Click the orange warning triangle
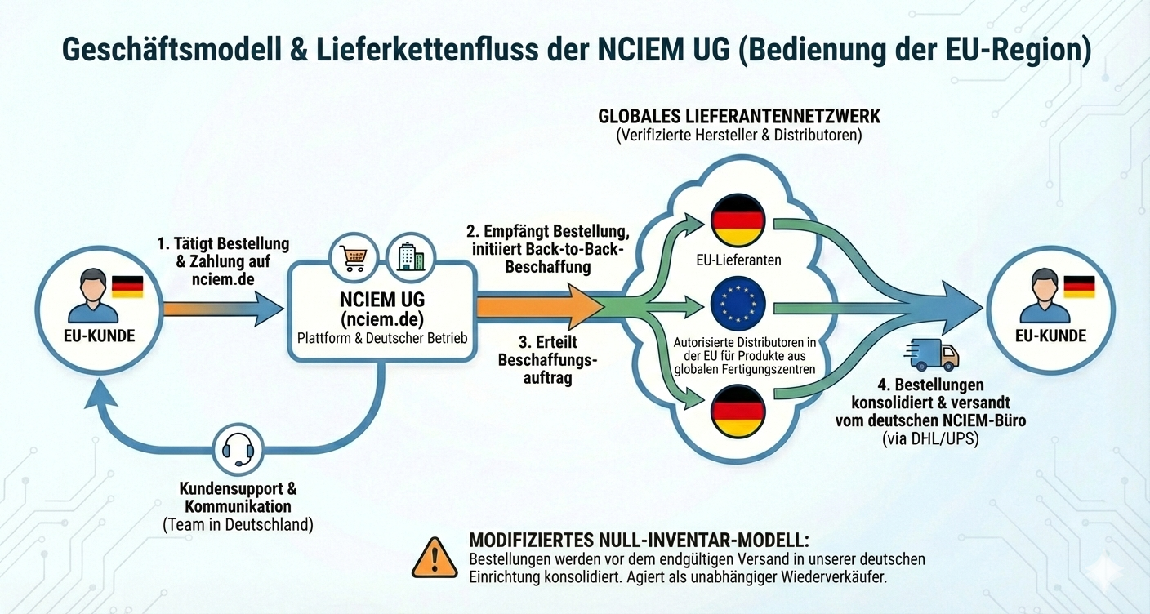pos(435,558)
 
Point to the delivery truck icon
pos(931,355)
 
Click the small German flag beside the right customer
pos(1079,287)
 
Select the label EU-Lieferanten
pos(738,260)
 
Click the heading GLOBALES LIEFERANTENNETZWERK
pos(739,115)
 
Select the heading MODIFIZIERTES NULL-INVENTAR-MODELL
pos(639,541)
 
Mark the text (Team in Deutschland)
pos(238,524)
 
